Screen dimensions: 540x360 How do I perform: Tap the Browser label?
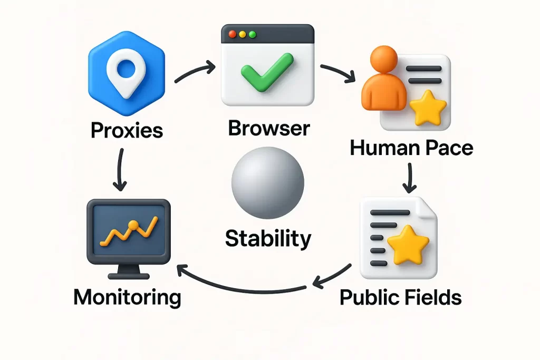(269, 128)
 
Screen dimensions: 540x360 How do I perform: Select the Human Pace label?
(411, 148)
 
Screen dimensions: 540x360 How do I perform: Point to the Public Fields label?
(401, 297)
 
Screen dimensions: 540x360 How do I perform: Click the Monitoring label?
(127, 297)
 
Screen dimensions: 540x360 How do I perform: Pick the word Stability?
(268, 239)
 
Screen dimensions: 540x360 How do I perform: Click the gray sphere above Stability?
(267, 183)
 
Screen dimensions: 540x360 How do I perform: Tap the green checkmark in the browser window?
(267, 72)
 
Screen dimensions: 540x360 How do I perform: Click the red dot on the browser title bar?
(233, 34)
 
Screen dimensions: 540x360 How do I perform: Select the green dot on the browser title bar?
(253, 34)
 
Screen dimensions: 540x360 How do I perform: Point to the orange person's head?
(384, 59)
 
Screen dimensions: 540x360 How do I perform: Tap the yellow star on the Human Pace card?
(428, 108)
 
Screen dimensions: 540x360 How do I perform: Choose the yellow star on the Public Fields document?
(409, 245)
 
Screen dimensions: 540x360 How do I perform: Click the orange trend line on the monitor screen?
(129, 231)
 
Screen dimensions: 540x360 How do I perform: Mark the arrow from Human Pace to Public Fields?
(409, 178)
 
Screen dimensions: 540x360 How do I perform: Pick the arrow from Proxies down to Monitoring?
(120, 169)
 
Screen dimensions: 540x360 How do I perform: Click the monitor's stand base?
(129, 276)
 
